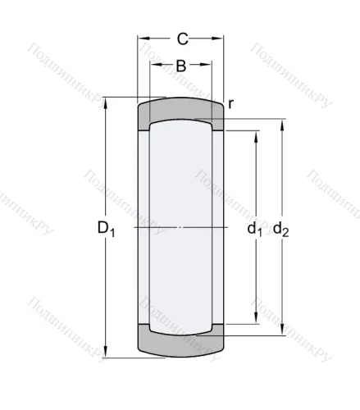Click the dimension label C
[182, 38]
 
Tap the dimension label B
[180, 66]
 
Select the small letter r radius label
[231, 102]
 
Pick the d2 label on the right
[280, 229]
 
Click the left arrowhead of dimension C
[141, 38]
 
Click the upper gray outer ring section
[180, 109]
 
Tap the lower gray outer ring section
[180, 344]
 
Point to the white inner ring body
[180, 189]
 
